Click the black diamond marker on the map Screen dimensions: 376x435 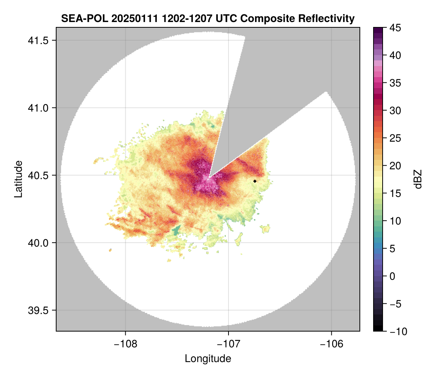(x=255, y=181)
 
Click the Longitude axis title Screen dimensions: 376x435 (x=208, y=359)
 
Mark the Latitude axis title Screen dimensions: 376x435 (x=18, y=179)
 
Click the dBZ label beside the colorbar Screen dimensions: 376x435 (x=418, y=179)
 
